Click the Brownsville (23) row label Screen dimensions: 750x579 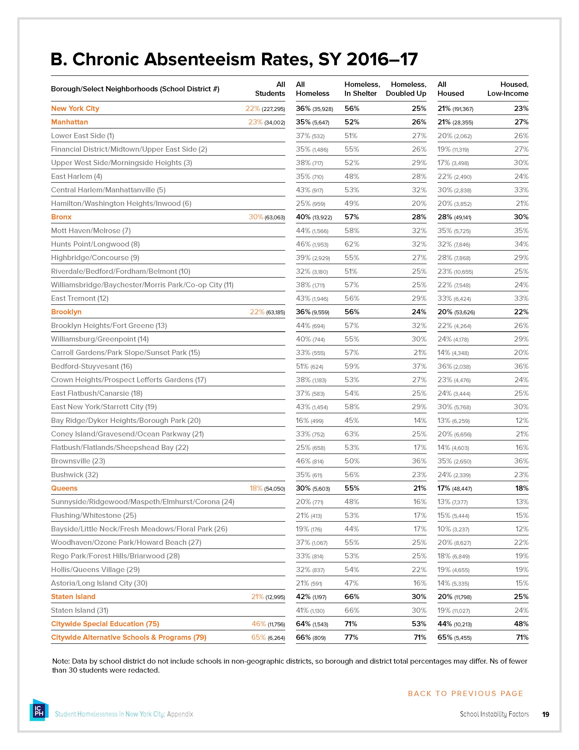pyautogui.click(x=78, y=461)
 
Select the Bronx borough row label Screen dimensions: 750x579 pyautogui.click(x=61, y=217)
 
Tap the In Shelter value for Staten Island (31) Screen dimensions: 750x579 pyautogui.click(x=352, y=610)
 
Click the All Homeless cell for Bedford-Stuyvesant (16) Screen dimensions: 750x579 pyautogui.click(x=310, y=366)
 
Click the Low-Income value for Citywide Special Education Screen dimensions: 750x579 pyautogui.click(x=521, y=624)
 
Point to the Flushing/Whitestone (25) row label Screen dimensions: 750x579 pyautogui.click(x=94, y=515)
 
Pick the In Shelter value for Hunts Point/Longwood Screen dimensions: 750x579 pyautogui.click(x=352, y=244)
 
